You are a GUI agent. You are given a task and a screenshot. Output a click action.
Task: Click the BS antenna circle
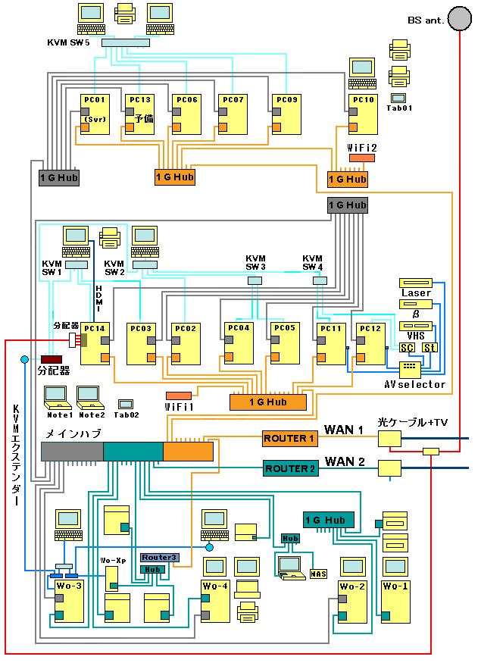[458, 18]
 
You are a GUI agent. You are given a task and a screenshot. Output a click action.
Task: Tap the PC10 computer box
[363, 114]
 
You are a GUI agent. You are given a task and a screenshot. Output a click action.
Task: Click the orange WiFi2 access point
[361, 158]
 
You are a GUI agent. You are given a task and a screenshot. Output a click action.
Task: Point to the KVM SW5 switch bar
[125, 42]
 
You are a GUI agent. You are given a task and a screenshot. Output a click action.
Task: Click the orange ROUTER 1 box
[289, 438]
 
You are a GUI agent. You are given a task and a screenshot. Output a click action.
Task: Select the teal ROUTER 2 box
[289, 468]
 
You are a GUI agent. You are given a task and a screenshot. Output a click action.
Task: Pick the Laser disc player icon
[415, 283]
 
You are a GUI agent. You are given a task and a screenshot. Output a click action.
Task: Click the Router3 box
[158, 557]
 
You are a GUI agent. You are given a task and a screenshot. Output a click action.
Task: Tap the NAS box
[318, 574]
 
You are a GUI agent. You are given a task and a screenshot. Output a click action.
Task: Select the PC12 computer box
[370, 345]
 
